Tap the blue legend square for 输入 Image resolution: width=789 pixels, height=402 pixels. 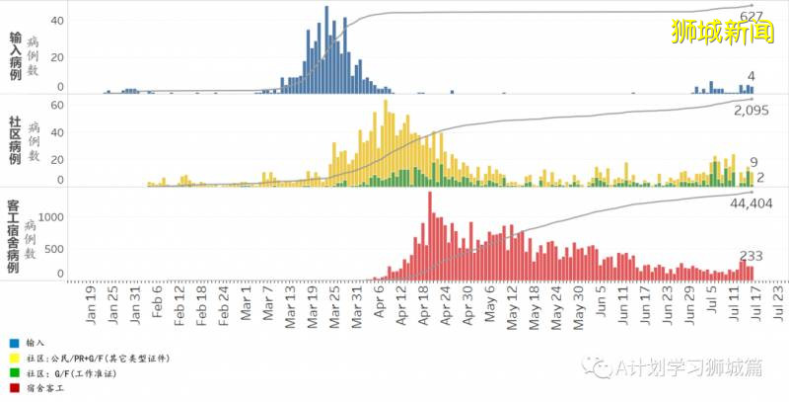(9, 342)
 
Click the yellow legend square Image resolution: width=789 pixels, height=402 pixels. (9, 360)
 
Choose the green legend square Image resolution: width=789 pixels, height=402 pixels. (9, 377)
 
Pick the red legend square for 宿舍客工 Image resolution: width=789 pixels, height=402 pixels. (9, 394)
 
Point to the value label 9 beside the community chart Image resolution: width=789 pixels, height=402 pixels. (753, 162)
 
